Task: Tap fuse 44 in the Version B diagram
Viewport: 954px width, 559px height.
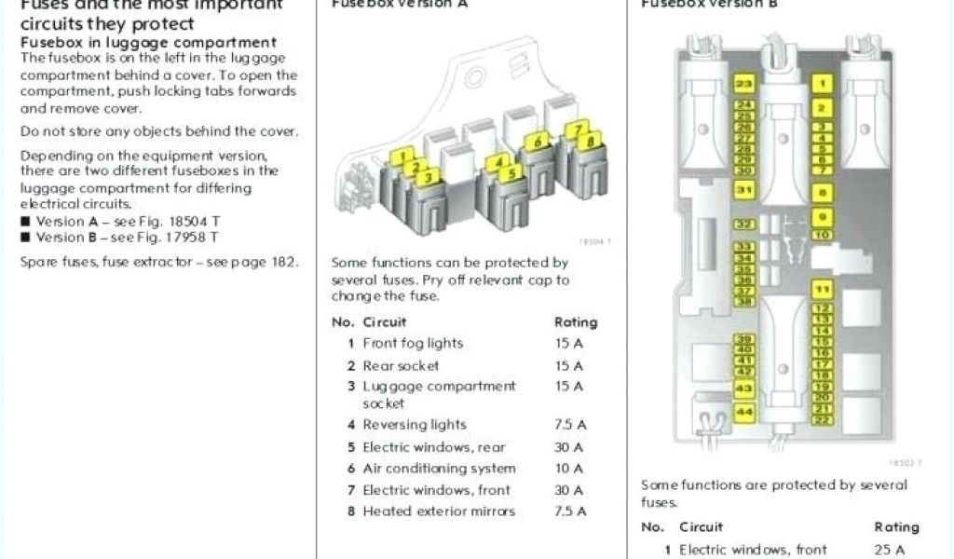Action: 743,411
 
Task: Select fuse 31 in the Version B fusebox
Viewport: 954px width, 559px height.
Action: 743,191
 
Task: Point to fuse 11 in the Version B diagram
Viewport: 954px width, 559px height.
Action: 821,288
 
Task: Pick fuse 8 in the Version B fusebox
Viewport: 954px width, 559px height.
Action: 821,193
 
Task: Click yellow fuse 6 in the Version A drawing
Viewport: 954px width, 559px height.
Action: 537,143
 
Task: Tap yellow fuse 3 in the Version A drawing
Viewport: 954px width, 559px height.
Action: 428,177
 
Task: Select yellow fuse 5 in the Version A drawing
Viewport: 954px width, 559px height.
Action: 508,173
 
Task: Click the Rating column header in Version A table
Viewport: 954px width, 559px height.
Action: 576,322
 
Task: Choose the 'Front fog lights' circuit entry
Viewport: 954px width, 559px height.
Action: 413,343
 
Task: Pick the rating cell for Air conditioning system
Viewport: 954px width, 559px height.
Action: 568,469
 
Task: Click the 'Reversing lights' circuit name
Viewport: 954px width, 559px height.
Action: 415,425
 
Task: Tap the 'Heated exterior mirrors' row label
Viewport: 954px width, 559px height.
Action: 439,511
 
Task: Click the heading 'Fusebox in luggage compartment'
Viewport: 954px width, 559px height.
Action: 148,42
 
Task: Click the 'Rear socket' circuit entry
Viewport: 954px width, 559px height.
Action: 401,366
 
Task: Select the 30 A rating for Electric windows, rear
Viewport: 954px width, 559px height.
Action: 568,447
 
